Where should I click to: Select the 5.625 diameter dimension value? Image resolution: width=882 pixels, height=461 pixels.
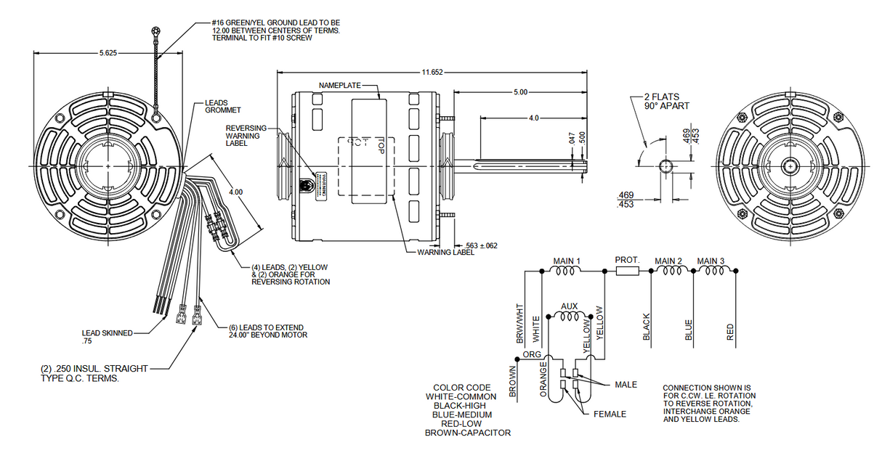(x=107, y=53)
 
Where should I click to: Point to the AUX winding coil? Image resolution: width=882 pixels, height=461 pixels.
(x=569, y=316)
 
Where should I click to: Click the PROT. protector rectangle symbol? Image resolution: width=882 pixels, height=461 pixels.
(x=627, y=271)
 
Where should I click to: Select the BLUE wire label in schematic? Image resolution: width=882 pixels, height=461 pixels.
(x=689, y=330)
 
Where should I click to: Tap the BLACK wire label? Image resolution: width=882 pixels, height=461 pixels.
(x=646, y=328)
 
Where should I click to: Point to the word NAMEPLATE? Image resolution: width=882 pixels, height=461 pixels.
(x=340, y=86)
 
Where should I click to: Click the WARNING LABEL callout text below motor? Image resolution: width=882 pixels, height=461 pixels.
(x=445, y=252)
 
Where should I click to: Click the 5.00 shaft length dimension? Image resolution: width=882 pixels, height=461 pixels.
(x=520, y=92)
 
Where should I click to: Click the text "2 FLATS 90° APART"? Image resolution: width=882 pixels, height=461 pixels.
(x=666, y=101)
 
